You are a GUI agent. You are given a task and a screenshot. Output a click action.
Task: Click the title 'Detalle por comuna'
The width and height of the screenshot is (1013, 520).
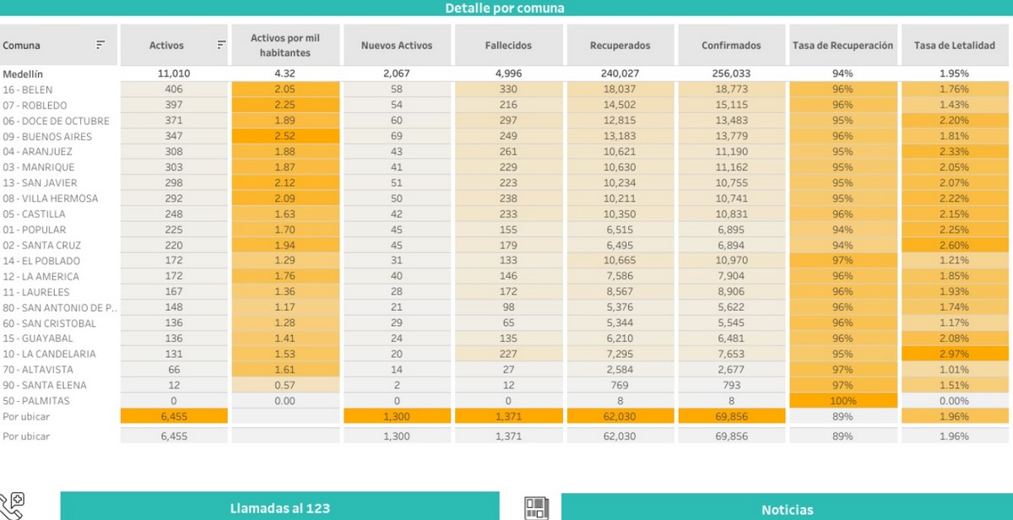(505, 8)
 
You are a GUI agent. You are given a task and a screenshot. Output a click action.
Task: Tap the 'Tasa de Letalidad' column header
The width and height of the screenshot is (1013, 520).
(954, 46)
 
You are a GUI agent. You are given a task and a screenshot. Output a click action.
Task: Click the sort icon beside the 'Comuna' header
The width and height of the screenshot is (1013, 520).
(100, 45)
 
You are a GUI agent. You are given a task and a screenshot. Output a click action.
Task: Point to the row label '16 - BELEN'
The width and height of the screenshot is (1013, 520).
(27, 89)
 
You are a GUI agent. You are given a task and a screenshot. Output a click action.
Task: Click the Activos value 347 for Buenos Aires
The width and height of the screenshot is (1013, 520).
(174, 136)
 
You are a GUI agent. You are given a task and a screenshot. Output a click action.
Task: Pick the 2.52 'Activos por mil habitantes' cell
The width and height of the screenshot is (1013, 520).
(285, 136)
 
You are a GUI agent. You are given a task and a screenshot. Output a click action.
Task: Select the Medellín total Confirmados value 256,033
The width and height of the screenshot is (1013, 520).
(731, 73)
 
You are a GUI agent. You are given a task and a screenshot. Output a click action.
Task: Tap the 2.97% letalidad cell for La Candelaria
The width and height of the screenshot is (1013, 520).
(954, 355)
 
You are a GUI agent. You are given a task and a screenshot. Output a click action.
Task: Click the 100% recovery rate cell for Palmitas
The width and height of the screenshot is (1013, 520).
(842, 401)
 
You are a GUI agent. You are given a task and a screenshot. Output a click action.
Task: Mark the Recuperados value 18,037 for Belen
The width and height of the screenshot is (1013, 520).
(620, 89)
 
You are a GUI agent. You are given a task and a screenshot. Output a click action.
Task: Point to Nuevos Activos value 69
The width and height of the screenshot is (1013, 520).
(397, 136)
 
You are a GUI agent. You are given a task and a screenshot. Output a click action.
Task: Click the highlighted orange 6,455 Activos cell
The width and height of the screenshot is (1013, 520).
(174, 416)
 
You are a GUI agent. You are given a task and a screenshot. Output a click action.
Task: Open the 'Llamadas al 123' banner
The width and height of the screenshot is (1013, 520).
(279, 507)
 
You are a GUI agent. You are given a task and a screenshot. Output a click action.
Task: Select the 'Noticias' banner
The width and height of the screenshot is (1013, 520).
(787, 509)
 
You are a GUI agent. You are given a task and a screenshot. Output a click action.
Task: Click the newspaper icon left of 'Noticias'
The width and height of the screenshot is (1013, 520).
(536, 507)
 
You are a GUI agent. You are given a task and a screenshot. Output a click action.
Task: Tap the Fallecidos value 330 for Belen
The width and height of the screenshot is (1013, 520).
(508, 89)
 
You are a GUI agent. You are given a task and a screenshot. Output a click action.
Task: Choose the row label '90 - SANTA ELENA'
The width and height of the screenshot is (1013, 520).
(45, 385)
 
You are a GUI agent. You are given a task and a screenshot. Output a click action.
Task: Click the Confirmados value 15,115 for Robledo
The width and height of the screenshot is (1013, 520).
(731, 105)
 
